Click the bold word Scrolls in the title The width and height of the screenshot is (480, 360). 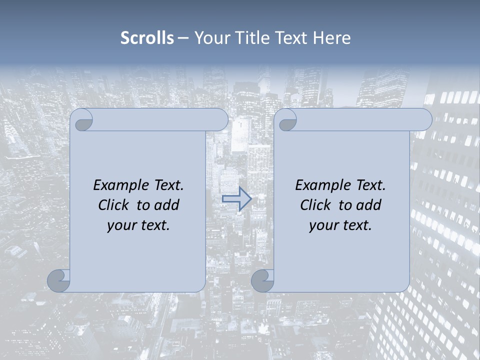pos(147,38)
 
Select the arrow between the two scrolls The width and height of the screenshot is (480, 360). pos(237,199)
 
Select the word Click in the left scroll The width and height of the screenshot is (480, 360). pos(115,205)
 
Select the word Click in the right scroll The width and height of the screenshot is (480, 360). pos(317,205)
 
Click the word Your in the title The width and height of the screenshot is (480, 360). pos(210,38)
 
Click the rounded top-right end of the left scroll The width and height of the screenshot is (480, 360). pos(220,120)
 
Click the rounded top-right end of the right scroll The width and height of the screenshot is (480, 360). pos(424,120)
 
